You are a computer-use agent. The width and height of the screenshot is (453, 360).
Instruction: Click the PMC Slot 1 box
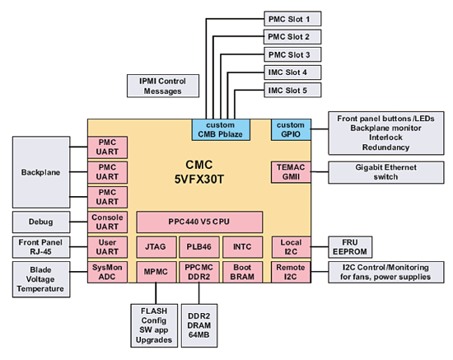292,19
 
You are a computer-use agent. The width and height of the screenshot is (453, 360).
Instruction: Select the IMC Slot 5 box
292,90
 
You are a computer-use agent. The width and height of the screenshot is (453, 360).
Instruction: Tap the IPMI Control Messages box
163,86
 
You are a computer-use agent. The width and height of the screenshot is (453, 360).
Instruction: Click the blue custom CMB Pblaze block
221,129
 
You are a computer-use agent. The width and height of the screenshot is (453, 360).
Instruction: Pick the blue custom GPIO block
291,129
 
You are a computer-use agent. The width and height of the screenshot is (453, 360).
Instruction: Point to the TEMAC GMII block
291,172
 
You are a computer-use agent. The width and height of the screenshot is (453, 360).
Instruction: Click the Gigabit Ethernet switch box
386,172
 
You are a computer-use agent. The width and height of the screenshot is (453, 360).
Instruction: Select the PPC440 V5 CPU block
199,222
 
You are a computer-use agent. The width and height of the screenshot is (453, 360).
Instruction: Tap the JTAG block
156,247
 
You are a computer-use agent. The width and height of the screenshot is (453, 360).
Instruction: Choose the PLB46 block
199,247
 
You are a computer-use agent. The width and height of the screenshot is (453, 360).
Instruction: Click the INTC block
243,247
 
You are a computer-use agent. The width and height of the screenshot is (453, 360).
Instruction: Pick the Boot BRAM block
243,272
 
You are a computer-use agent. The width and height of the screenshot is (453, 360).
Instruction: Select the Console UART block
107,222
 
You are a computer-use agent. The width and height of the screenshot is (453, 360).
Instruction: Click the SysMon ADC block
107,272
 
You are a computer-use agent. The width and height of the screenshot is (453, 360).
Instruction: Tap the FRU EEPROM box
350,247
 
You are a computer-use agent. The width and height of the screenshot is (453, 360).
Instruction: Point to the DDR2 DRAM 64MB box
199,325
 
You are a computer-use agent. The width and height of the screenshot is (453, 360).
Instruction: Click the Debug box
41,222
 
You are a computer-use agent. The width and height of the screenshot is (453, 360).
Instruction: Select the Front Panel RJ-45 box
41,247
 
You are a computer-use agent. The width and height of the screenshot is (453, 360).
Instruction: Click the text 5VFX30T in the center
199,180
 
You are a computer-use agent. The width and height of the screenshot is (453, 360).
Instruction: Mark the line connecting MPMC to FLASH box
156,293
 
